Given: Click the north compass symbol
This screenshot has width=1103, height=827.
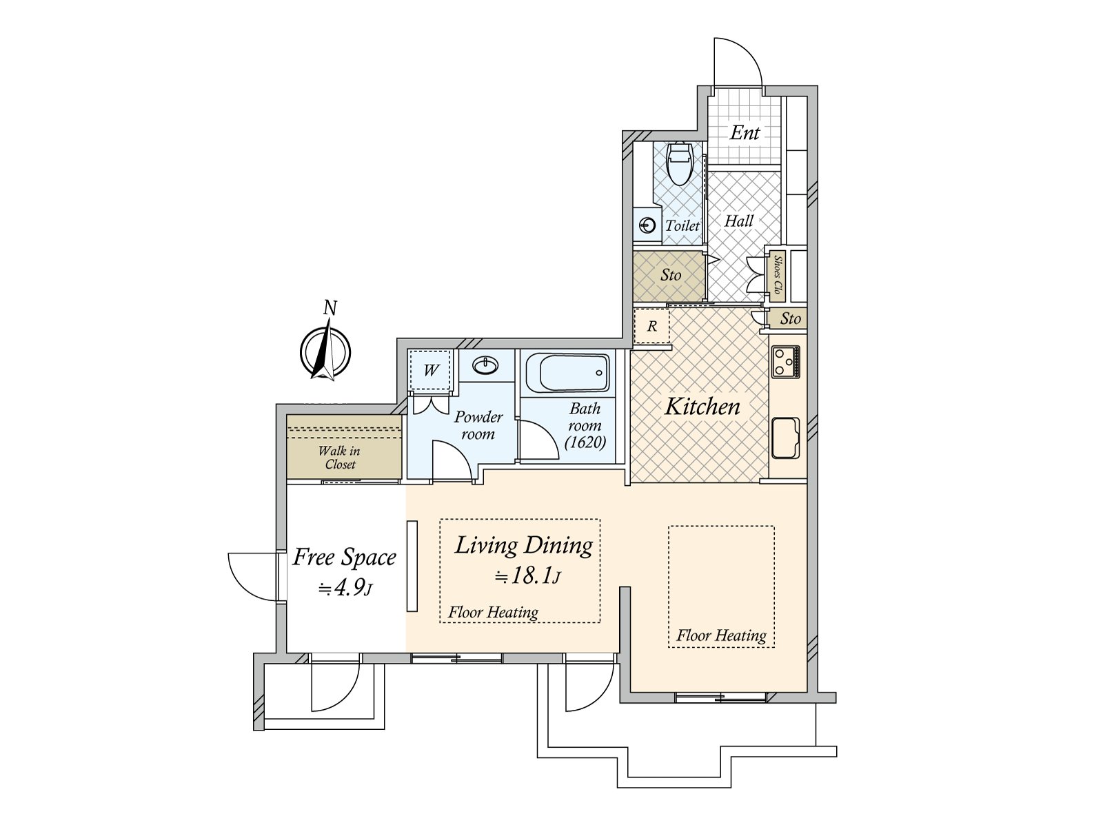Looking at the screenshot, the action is (x=325, y=352).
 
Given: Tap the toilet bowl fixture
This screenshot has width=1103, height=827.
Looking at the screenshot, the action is (x=680, y=163).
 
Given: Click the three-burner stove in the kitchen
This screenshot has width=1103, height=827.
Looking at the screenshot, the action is (x=785, y=362).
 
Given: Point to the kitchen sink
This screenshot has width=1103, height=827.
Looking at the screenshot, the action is (x=785, y=438).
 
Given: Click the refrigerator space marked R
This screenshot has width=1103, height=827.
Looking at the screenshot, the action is (x=651, y=326).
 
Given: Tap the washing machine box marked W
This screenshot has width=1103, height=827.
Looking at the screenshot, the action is (x=431, y=370).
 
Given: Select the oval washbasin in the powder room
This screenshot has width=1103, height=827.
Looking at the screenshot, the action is (x=485, y=365).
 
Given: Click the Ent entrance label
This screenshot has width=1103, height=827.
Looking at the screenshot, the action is (x=745, y=132).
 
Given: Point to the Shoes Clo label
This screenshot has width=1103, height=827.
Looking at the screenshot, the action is (x=778, y=275).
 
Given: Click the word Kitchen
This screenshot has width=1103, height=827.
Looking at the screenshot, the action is (x=702, y=406).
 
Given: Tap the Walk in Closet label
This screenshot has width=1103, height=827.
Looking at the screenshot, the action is (x=339, y=458).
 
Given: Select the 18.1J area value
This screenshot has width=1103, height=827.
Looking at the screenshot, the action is (x=527, y=575).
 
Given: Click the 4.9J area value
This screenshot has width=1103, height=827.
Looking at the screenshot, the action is (x=345, y=587).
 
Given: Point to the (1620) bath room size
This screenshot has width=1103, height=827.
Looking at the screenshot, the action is (x=585, y=442).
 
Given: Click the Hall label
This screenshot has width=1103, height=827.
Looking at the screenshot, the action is (x=739, y=221).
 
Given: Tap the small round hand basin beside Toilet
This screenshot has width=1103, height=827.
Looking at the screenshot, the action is (x=647, y=225).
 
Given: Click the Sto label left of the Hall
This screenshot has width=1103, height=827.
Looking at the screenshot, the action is (x=671, y=275).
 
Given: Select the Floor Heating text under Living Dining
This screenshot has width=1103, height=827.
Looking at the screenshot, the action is (x=493, y=612).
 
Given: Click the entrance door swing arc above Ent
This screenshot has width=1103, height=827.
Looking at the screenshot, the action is (x=748, y=52).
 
